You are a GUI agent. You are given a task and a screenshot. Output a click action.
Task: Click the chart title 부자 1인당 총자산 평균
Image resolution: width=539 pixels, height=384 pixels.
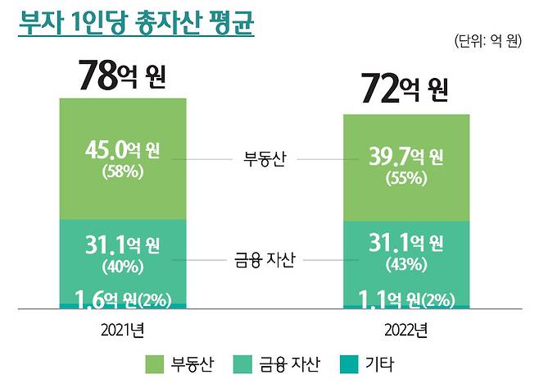point(136,22)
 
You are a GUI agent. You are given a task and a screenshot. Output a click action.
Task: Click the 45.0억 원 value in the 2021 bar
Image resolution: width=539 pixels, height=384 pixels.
point(123,151)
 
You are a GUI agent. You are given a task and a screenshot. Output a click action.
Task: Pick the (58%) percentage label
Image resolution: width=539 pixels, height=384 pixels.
point(123,172)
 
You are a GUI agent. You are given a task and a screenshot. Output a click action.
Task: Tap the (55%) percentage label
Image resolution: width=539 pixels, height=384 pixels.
point(405,178)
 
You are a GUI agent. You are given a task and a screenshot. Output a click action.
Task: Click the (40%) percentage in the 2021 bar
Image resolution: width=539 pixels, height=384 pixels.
point(123,266)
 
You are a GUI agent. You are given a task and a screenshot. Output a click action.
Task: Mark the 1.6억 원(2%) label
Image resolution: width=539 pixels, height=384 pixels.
point(123,299)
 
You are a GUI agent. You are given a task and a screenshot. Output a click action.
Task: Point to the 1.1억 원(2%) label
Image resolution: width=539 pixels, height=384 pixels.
point(405,299)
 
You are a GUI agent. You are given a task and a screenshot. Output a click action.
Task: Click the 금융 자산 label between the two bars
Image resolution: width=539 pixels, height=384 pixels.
point(264,259)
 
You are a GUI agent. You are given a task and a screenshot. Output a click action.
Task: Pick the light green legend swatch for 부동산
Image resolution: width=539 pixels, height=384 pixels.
point(153,363)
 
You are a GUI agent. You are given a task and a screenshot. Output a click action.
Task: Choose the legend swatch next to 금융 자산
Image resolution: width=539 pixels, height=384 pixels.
point(244,363)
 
